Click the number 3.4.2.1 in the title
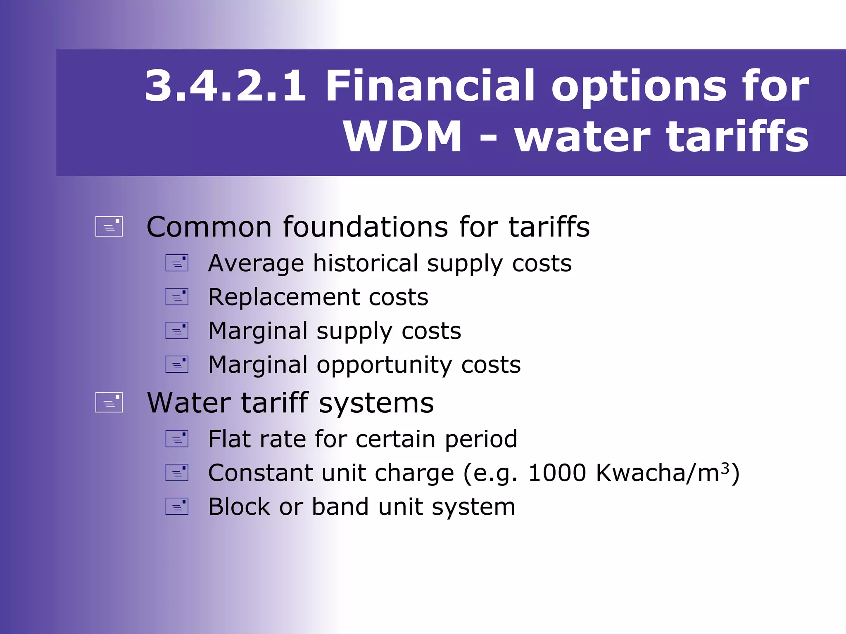(x=226, y=86)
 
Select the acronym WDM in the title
(x=402, y=137)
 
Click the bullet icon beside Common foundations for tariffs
(x=109, y=227)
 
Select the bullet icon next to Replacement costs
(x=177, y=297)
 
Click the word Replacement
(x=284, y=297)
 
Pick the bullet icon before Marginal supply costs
(x=177, y=331)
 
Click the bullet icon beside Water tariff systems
(x=109, y=402)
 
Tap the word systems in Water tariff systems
(x=376, y=403)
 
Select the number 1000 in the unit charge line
(x=557, y=473)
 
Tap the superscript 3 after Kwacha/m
(x=725, y=467)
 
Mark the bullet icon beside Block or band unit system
(x=177, y=506)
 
